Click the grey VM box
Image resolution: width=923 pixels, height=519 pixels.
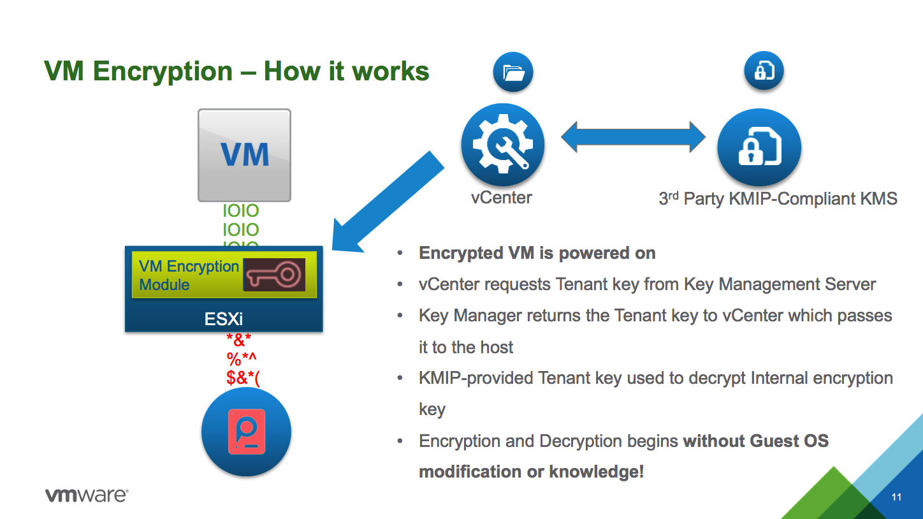[244, 155]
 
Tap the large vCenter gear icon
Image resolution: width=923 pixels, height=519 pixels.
[502, 145]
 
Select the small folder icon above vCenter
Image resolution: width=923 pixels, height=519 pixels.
[512, 73]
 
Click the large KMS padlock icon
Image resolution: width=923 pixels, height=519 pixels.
[759, 148]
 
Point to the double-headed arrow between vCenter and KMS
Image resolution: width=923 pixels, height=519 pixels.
[633, 136]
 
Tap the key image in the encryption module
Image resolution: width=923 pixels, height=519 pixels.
[274, 275]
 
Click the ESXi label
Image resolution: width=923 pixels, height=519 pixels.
[224, 319]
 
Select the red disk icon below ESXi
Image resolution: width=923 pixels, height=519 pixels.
[246, 432]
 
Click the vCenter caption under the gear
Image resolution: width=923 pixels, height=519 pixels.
[501, 198]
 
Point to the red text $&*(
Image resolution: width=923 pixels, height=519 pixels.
[243, 377]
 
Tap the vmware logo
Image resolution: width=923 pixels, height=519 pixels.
[87, 495]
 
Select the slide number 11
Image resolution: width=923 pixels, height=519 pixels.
[896, 497]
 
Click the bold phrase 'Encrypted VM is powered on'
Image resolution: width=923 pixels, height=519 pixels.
[537, 253]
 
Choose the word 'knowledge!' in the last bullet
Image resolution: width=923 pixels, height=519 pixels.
[602, 472]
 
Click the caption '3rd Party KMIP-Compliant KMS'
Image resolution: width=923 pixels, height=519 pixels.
[778, 199]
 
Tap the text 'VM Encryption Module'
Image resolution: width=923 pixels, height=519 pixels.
[188, 275]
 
